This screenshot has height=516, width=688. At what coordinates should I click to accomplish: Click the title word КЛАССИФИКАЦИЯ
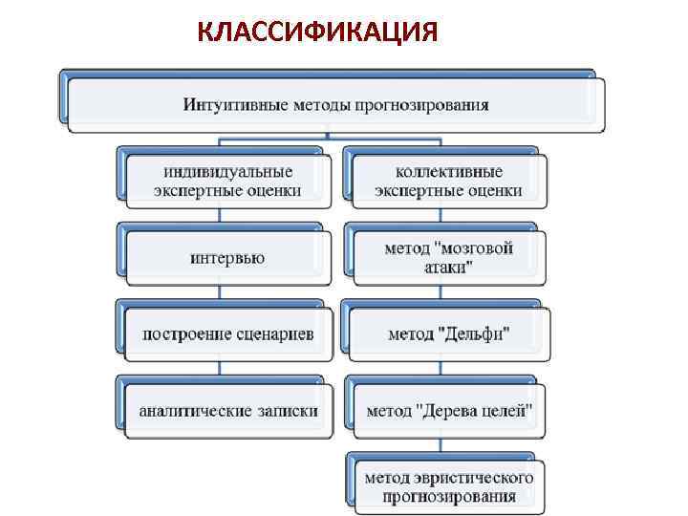(318, 32)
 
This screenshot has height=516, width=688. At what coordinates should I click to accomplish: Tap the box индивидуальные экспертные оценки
(227, 181)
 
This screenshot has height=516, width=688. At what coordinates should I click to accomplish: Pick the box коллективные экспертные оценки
(448, 181)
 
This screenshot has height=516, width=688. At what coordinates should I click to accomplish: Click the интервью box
(227, 258)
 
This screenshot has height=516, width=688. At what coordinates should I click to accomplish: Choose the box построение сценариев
(227, 334)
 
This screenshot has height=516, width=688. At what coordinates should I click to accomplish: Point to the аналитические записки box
(227, 412)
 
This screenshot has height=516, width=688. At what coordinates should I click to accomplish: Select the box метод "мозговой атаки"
(448, 258)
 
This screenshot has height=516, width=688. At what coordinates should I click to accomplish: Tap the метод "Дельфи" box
(448, 334)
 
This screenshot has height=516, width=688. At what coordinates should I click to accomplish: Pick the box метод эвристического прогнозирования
(448, 486)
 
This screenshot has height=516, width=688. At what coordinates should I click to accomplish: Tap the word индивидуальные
(227, 172)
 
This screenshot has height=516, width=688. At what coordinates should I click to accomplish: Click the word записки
(286, 412)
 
